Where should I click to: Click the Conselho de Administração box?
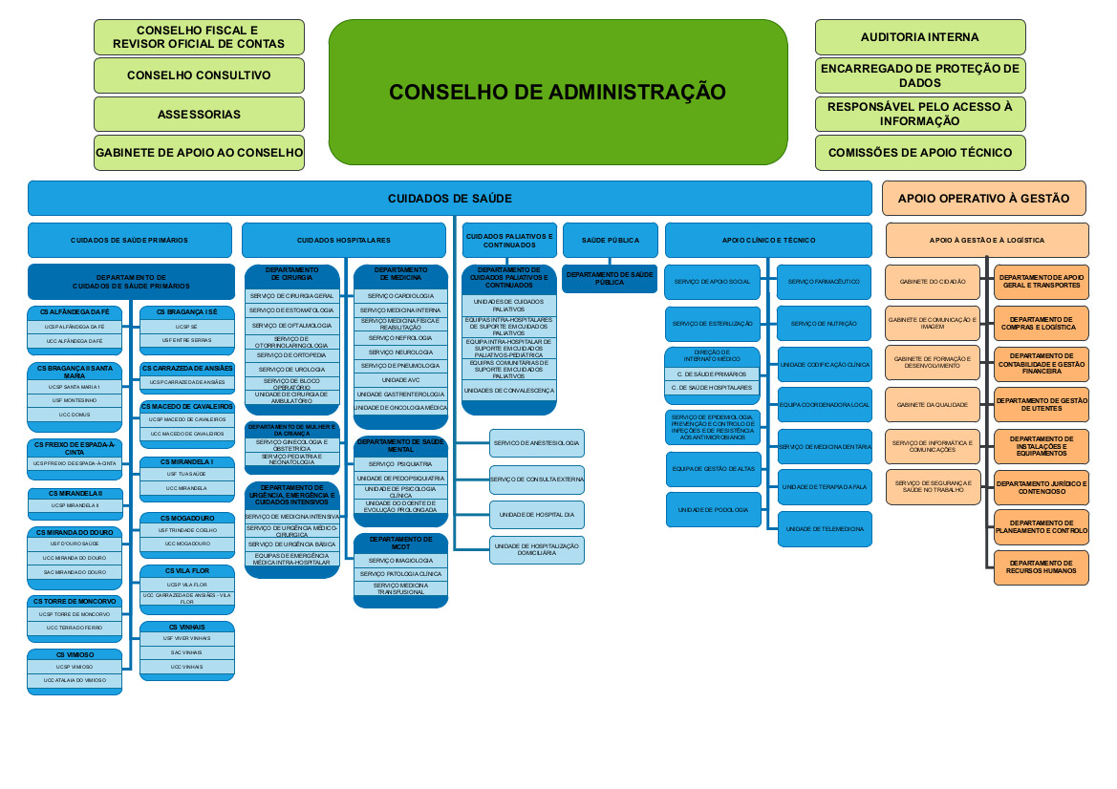click(558, 92)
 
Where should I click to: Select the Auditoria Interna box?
click(919, 37)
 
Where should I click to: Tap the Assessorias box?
click(199, 115)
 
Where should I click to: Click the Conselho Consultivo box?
click(199, 75)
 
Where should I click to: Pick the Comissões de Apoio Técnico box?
click(919, 153)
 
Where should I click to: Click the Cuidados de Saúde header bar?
click(449, 198)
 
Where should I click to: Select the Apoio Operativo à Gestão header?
click(983, 198)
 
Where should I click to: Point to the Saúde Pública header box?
click(610, 240)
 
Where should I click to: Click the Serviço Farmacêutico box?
click(824, 282)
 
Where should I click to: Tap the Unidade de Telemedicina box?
click(824, 528)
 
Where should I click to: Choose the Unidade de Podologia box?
click(713, 509)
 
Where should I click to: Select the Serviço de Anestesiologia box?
click(536, 443)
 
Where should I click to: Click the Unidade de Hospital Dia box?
click(536, 515)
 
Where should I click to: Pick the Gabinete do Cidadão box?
click(932, 282)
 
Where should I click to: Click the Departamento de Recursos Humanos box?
click(1041, 567)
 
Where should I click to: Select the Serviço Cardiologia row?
click(400, 296)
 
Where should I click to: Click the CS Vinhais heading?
click(186, 627)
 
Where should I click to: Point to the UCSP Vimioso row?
click(74, 667)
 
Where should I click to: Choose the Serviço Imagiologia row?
click(400, 560)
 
